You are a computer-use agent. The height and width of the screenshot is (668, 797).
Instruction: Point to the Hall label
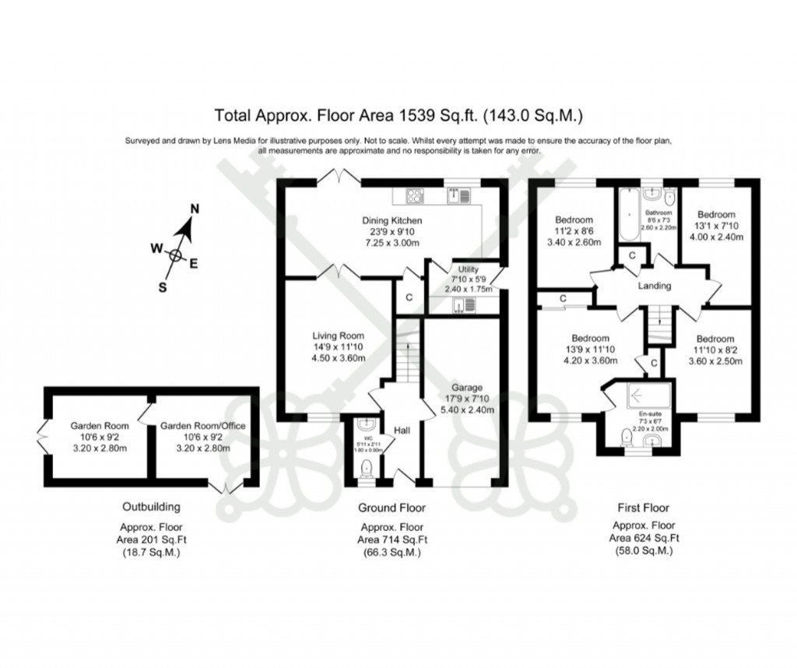(402, 431)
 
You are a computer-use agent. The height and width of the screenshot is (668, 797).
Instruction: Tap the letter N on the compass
(195, 208)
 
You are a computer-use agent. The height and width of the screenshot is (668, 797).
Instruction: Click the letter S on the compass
(163, 286)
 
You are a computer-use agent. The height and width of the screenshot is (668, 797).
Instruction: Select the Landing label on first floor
(655, 286)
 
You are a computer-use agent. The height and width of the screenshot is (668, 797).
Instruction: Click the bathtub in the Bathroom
(627, 220)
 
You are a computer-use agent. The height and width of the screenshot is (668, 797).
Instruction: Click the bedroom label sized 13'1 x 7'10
(715, 215)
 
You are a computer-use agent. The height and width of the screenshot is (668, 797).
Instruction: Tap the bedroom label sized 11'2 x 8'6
(574, 220)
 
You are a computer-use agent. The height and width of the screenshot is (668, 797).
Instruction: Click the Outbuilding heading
(151, 506)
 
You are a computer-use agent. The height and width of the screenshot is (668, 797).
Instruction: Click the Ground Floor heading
(391, 508)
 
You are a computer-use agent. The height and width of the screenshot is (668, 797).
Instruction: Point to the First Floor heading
(641, 508)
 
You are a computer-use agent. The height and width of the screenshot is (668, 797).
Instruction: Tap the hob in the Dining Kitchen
(413, 195)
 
